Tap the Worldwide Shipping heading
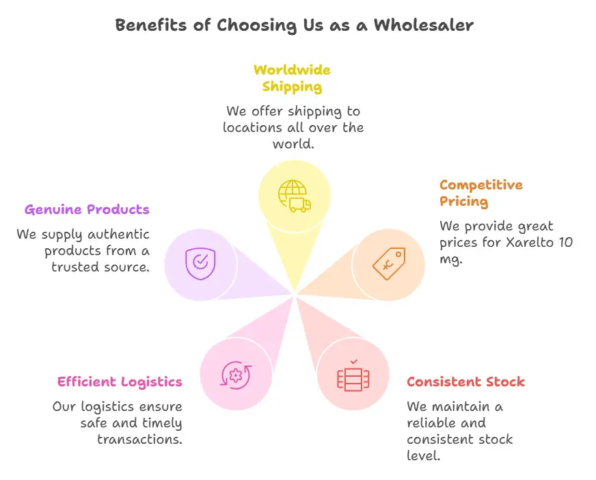point(292,78)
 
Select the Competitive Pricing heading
point(480,193)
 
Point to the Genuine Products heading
point(87,209)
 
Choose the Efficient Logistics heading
point(120,382)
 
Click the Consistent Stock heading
point(465,382)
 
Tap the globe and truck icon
point(295,196)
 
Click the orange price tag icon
point(389,264)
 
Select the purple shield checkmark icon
point(200,263)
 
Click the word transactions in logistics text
point(139,439)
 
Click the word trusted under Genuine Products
point(74,267)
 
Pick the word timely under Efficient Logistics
point(161,423)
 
